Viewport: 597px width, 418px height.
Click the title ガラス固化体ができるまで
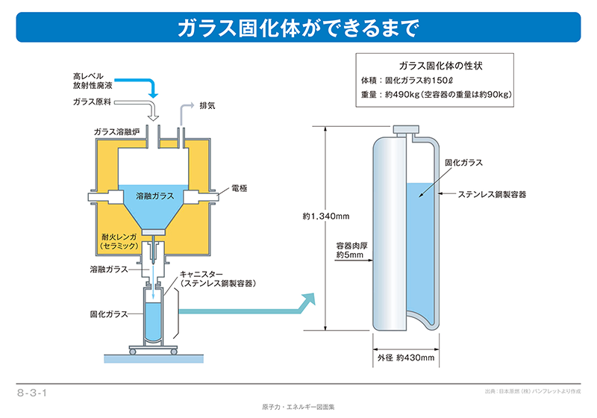[298, 28]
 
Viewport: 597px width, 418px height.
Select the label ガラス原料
[92, 102]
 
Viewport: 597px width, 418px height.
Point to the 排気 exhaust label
[207, 105]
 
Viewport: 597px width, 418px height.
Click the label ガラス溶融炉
[116, 131]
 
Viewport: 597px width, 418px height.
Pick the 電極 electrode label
[239, 188]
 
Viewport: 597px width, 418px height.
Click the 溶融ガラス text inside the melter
[155, 196]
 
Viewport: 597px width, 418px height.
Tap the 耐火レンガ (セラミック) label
[119, 241]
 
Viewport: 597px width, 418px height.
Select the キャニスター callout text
[217, 278]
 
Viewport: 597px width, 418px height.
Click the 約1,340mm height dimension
[326, 216]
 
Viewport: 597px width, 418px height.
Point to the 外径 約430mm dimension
[406, 358]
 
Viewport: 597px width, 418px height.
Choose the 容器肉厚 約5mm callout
[351, 250]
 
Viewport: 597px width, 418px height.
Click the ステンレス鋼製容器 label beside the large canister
[492, 194]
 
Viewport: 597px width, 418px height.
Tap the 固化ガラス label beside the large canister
[463, 163]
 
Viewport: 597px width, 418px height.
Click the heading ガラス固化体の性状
[440, 66]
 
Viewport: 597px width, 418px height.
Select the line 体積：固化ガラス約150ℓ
[407, 81]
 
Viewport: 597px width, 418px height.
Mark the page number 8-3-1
[32, 393]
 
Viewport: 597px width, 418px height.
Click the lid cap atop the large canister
[406, 129]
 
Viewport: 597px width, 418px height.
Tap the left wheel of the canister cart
[133, 352]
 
